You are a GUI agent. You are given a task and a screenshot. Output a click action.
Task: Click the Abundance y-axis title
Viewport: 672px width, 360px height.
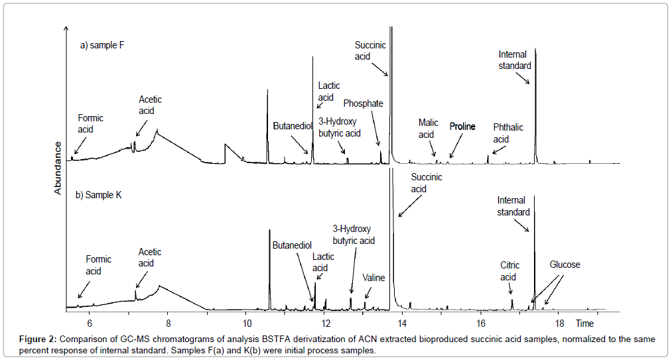pos(58,168)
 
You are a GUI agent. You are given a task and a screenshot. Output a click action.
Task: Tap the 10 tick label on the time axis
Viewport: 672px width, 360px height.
pos(246,324)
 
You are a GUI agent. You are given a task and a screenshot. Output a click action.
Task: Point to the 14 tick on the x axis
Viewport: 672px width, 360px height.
pos(402,324)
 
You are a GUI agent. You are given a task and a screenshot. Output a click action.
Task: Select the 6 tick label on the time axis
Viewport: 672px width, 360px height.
pos(90,324)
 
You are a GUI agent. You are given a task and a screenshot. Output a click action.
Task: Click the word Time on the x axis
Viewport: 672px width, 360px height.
pos(584,324)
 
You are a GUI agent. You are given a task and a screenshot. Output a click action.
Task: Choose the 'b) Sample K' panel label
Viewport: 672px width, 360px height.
pos(98,195)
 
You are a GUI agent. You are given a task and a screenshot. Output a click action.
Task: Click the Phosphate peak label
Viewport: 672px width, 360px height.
pos(363,103)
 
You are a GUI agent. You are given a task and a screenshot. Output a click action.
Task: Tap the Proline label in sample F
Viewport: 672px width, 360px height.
pos(462,126)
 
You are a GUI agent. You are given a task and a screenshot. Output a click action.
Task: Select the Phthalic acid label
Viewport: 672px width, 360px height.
pos(509,133)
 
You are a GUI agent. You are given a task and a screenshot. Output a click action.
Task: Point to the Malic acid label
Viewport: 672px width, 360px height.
pos(428,129)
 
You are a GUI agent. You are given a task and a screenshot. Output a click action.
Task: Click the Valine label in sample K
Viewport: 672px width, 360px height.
pos(373,278)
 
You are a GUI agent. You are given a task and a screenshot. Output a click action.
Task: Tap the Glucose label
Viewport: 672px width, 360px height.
pos(565,265)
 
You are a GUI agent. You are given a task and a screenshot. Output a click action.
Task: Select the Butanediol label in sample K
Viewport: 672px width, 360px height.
pos(292,245)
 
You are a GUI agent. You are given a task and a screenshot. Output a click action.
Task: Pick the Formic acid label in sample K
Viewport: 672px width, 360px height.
pos(98,265)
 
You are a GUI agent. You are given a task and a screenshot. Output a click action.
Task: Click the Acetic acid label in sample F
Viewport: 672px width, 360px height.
pos(150,105)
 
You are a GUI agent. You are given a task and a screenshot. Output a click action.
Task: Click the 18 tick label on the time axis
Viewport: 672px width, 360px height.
pos(559,324)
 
